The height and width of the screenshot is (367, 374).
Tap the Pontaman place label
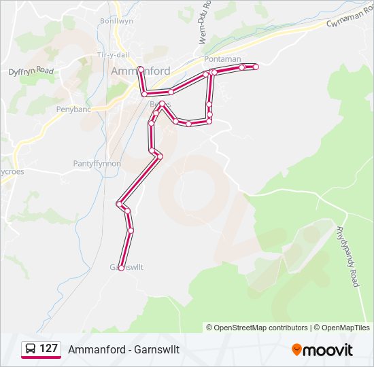[222, 59]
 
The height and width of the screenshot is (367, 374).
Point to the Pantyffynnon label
[97, 164]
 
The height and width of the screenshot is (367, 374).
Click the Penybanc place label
[73, 108]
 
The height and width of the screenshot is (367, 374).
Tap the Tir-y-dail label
[114, 54]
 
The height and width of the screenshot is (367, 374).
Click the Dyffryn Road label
[31, 70]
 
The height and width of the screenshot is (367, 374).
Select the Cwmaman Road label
[351, 22]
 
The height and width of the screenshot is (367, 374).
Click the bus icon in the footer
[31, 349]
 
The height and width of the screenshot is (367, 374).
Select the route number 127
[48, 349]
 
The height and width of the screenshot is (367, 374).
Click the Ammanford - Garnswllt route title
[123, 349]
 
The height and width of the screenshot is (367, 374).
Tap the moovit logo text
[329, 350]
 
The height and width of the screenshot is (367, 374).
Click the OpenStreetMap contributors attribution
[257, 328]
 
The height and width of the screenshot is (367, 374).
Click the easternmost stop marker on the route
[256, 66]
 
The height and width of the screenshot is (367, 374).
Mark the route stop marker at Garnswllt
[120, 268]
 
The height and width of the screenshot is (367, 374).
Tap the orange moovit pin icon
[296, 349]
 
